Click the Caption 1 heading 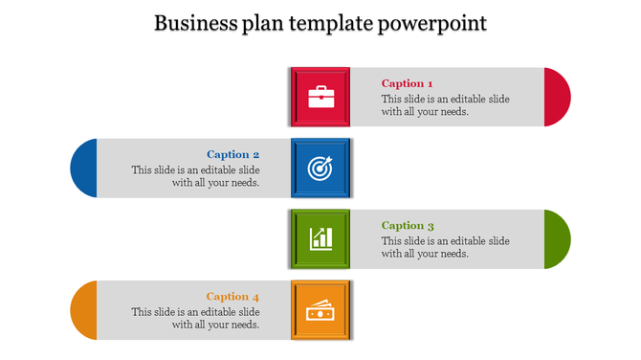[408, 83]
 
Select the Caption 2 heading [233, 154]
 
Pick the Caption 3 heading [408, 226]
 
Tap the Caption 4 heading [233, 297]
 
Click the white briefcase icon [320, 97]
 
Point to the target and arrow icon [320, 169]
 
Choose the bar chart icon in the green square [320, 238]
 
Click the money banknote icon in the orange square [320, 310]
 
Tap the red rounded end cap [557, 97]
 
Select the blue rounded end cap [84, 169]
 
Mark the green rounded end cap [557, 238]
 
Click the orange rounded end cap [84, 310]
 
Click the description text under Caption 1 [445, 105]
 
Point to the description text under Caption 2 [196, 176]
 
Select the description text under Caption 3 [445, 247]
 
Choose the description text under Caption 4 [196, 318]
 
